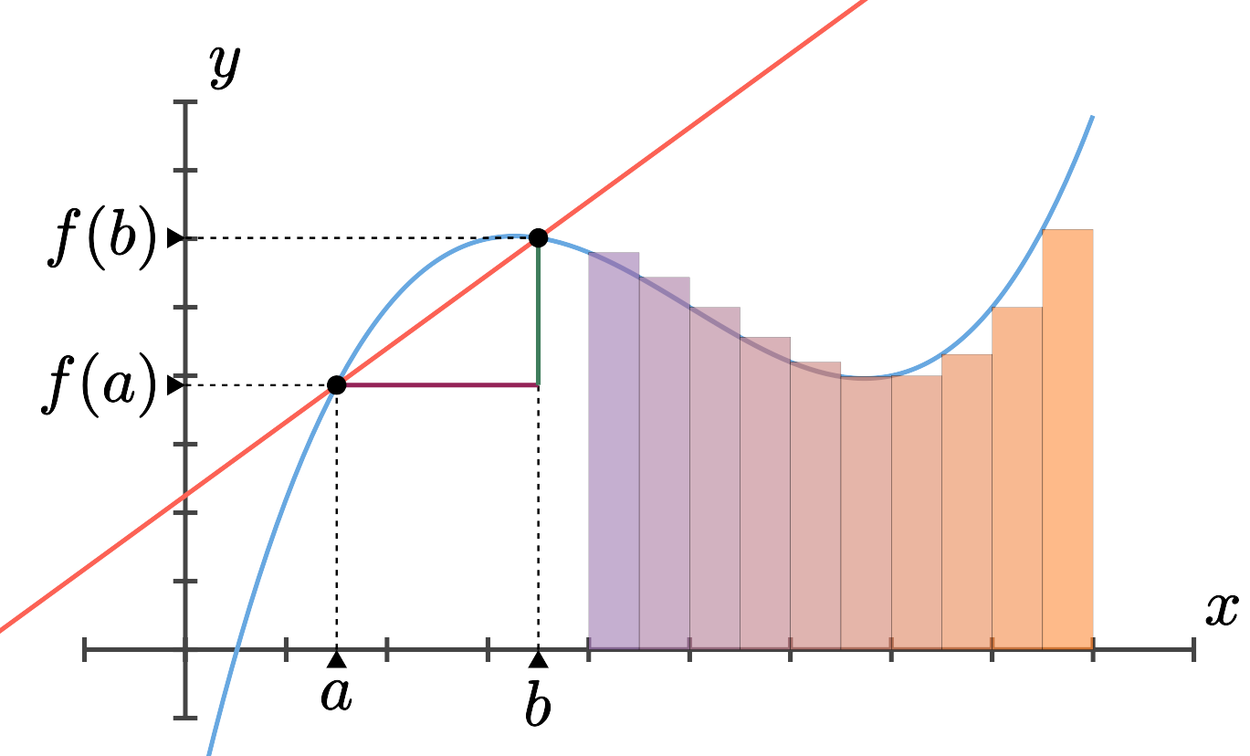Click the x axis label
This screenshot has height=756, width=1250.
[x=1220, y=610]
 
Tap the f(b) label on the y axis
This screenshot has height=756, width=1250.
[x=102, y=239]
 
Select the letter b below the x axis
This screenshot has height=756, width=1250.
[x=538, y=704]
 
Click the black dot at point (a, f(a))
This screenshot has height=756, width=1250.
[x=336, y=384]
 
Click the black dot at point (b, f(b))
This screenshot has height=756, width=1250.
[x=538, y=238]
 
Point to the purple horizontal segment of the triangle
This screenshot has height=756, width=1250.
[x=438, y=385]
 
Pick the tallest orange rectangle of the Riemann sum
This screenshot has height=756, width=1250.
[x=1067, y=438]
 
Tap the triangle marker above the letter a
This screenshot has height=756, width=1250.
[x=336, y=659]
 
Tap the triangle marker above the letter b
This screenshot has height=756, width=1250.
[x=538, y=659]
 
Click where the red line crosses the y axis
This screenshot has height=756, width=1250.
[x=186, y=496]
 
